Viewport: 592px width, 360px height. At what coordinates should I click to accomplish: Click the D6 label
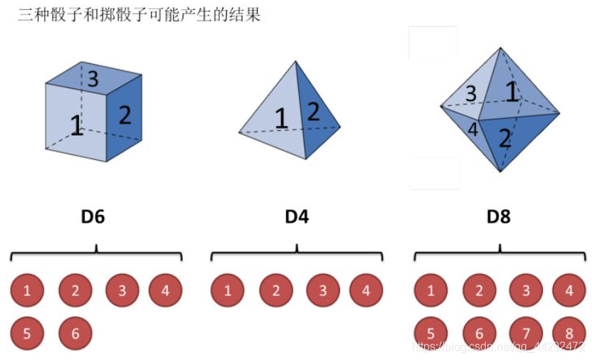[x=92, y=216]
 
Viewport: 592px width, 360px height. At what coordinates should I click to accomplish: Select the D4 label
[x=296, y=216]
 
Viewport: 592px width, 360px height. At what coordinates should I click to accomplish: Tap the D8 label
[x=498, y=216]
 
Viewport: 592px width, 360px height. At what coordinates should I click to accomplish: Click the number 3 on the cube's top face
[x=92, y=78]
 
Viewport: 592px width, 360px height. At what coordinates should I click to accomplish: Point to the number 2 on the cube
[x=125, y=115]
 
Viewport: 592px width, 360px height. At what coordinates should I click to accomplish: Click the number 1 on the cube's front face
[x=76, y=126]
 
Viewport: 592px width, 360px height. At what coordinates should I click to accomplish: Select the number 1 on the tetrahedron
[x=282, y=117]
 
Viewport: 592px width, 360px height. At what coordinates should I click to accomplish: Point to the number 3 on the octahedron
[x=470, y=93]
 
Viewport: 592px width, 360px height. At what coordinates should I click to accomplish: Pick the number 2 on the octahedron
[x=504, y=138]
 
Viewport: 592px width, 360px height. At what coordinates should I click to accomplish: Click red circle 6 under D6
[x=75, y=333]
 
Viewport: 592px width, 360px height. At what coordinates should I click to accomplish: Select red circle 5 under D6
[x=27, y=333]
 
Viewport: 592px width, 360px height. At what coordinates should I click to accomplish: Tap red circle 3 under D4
[x=323, y=290]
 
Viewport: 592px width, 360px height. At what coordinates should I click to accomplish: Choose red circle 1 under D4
[x=228, y=290]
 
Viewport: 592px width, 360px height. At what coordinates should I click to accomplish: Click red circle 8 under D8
[x=569, y=333]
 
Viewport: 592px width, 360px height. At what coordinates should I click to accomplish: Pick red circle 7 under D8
[x=527, y=333]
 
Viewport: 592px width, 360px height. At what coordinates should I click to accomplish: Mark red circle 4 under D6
[x=165, y=290]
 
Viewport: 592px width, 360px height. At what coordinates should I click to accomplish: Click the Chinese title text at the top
[x=139, y=14]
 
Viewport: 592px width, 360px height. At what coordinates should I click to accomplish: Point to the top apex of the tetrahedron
[x=297, y=62]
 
